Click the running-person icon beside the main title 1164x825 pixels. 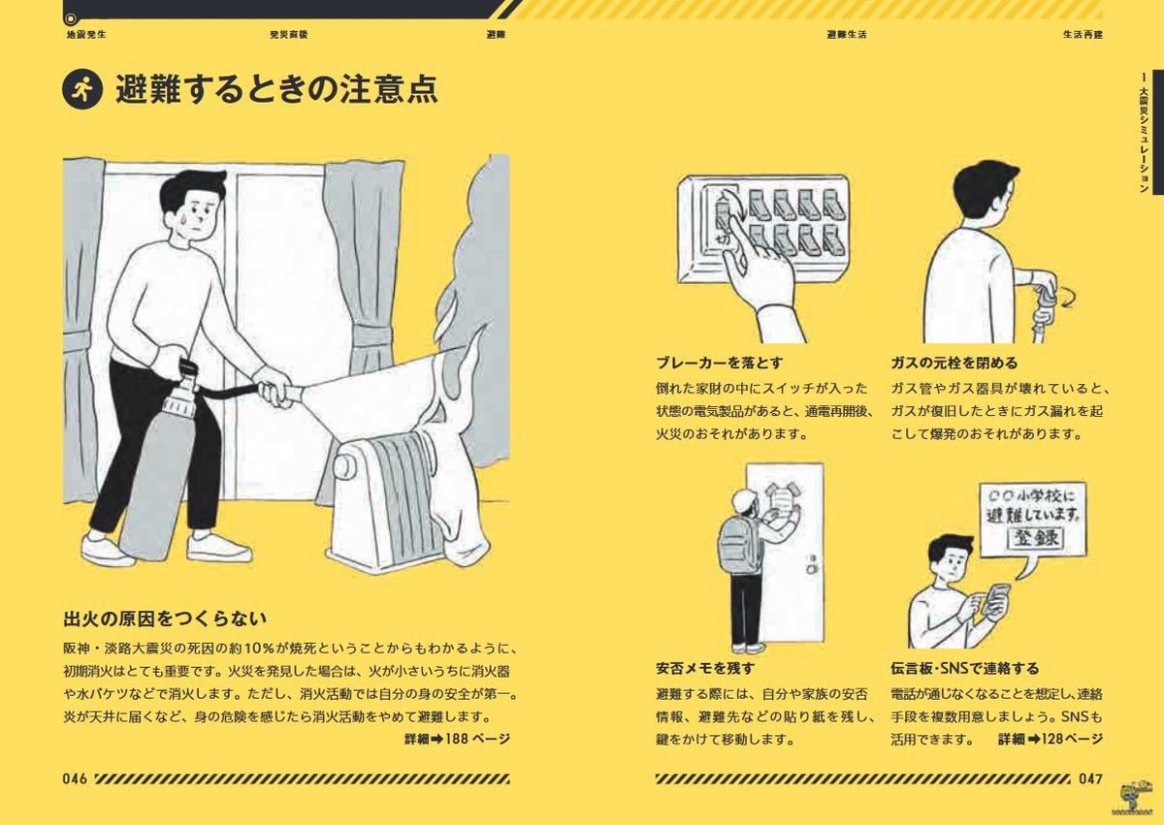(x=81, y=91)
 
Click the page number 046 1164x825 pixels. (x=76, y=778)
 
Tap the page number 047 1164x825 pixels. (x=1090, y=778)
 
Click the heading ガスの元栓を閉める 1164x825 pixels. (x=954, y=364)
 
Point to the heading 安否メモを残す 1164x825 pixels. (x=705, y=668)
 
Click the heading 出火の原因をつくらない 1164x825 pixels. (x=165, y=619)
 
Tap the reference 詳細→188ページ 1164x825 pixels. (x=457, y=739)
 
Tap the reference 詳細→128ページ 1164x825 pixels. (x=1051, y=739)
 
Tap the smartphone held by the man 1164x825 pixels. (x=996, y=600)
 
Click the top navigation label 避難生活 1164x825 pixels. (x=846, y=34)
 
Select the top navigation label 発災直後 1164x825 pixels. (x=289, y=34)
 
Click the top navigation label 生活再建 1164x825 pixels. (x=1082, y=34)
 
